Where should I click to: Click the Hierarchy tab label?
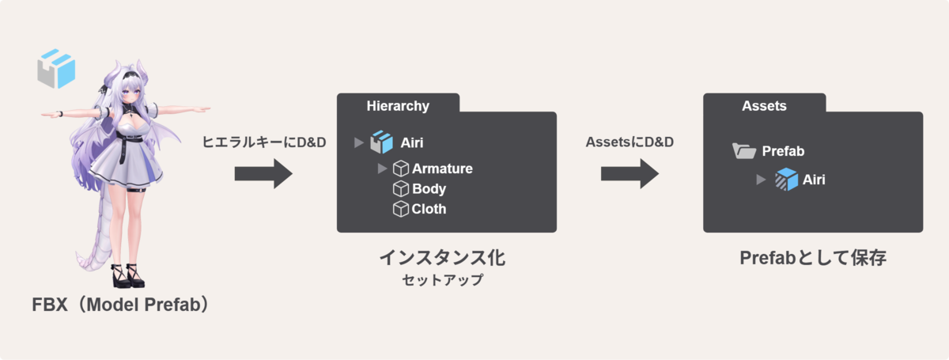tap(398, 106)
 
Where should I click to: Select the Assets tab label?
tap(764, 106)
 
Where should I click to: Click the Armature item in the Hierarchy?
tap(442, 169)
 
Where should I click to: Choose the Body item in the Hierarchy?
tap(429, 189)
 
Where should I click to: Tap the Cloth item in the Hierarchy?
tap(429, 210)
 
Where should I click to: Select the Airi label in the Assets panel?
tap(814, 180)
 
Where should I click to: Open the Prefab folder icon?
tap(743, 150)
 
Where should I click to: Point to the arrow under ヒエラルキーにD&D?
tap(263, 173)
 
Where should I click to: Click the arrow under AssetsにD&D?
tap(629, 173)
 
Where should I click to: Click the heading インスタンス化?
tap(441, 258)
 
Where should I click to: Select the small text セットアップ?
tap(441, 280)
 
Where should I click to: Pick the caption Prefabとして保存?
tap(812, 258)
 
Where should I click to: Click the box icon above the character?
tap(56, 68)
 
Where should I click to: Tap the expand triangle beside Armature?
tap(383, 169)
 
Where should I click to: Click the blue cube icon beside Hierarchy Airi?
tap(382, 142)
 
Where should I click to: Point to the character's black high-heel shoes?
tap(128, 276)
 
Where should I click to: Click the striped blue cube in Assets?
tap(786, 180)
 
